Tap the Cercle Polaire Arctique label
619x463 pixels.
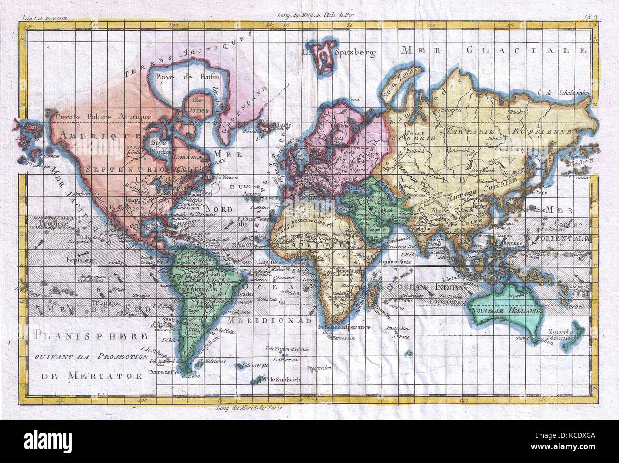pyautogui.click(x=103, y=116)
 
